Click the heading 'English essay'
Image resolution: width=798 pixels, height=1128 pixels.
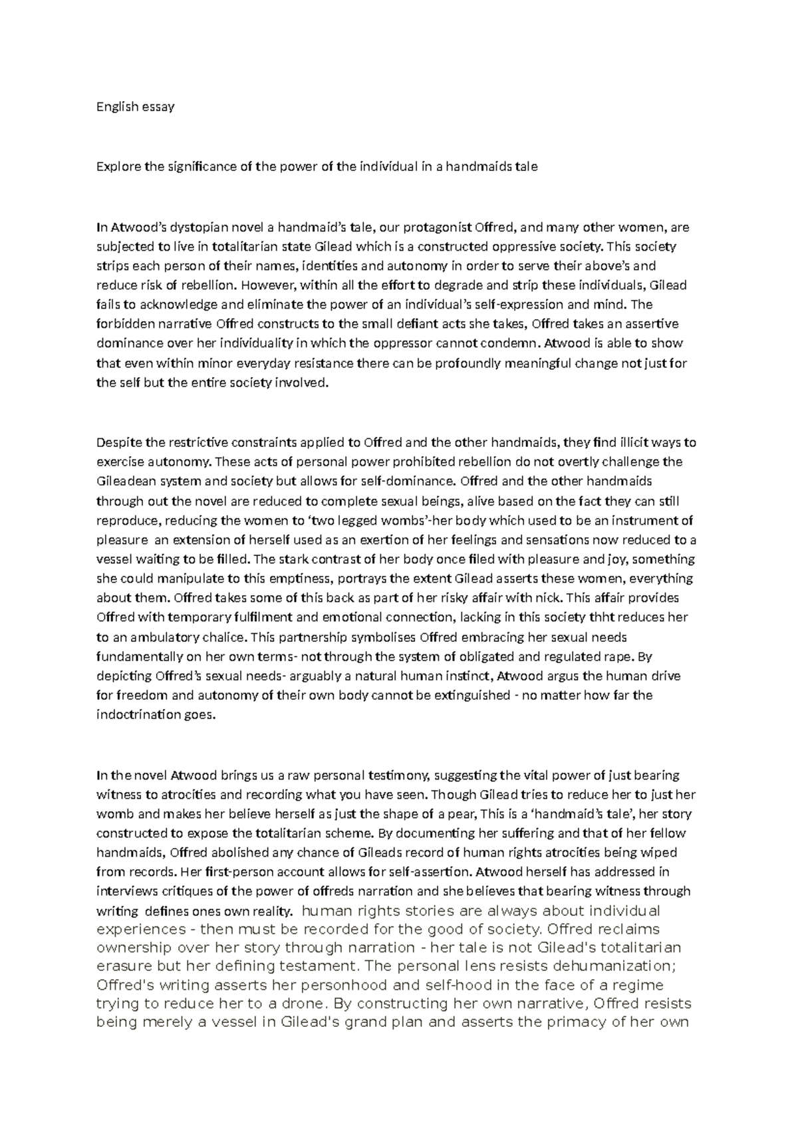click(135, 106)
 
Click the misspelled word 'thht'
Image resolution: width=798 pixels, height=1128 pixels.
click(614, 618)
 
